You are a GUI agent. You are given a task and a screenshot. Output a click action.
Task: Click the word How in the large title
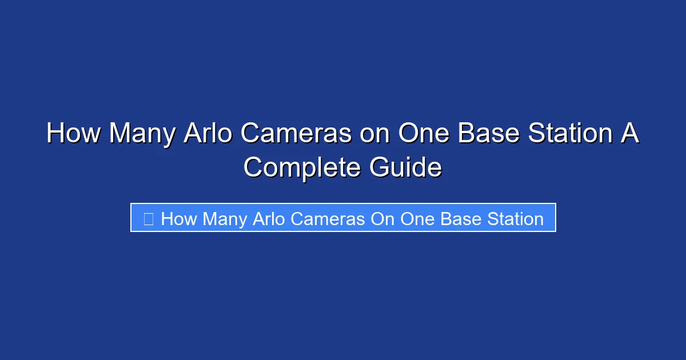click(73, 134)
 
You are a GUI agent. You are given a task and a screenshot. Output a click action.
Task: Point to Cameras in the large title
click(296, 134)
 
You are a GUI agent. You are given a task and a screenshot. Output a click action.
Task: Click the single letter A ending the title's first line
click(630, 134)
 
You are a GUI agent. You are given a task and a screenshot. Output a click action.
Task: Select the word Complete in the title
click(302, 168)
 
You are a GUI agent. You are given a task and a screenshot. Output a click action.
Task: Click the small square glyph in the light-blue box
click(148, 218)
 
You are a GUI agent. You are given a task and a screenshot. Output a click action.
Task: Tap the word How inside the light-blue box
click(179, 218)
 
